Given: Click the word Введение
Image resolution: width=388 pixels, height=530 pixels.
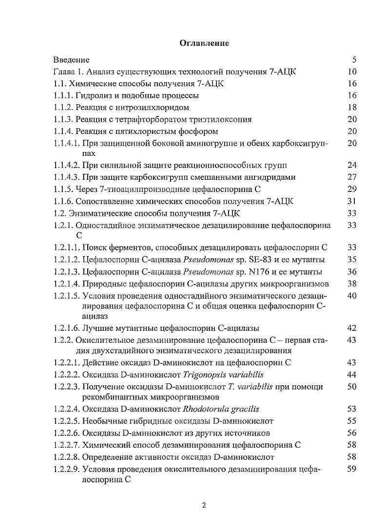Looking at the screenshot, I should point(71,60).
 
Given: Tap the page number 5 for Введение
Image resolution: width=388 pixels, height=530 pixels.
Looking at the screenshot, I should point(354,60).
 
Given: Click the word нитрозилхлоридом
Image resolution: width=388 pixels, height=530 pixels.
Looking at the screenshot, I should point(156,107).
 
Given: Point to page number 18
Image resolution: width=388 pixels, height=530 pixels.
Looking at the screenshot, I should point(352,107).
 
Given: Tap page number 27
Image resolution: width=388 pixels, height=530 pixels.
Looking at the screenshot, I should point(352,177).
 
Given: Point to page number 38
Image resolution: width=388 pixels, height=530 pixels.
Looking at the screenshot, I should point(352,284).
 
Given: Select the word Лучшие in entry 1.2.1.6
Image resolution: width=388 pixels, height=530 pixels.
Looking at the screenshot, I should point(97,328).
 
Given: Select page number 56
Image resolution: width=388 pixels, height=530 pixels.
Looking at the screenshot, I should point(352,433).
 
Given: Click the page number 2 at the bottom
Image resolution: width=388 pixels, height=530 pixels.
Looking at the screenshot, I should point(204,505).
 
